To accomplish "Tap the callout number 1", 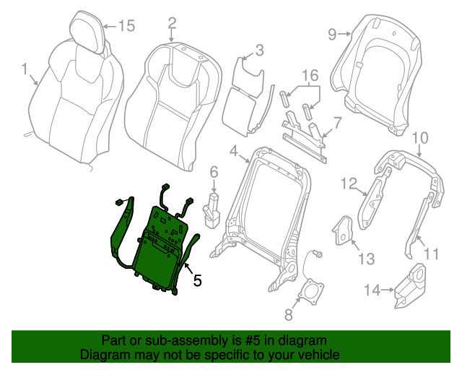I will pos(25,70).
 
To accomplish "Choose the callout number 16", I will pos(310,76).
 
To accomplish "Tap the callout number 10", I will pos(419,137).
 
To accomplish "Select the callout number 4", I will pos(233,150).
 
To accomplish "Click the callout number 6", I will pos(214,171).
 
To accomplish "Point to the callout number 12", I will pos(349,184).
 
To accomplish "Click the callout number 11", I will pos(431,254).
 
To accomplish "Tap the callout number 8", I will pos(288,314).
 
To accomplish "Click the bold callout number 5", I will pos(197,278).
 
